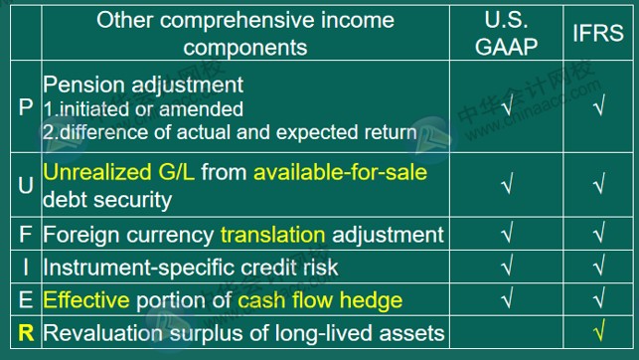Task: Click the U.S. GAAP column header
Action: pyautogui.click(x=507, y=33)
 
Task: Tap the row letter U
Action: pyautogui.click(x=25, y=185)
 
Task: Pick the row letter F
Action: pyautogui.click(x=25, y=235)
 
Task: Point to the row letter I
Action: pyautogui.click(x=25, y=267)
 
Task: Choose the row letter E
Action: pyautogui.click(x=25, y=299)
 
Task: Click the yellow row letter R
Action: pyautogui.click(x=25, y=333)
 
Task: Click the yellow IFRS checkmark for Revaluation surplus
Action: pyautogui.click(x=598, y=333)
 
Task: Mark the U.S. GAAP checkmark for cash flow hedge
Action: pyautogui.click(x=507, y=299)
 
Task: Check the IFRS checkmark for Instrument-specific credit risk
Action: pyautogui.click(x=598, y=267)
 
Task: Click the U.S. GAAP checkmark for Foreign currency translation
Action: pyautogui.click(x=507, y=235)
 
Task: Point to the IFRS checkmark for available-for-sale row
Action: pyautogui.click(x=598, y=185)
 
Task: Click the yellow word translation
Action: pyautogui.click(x=272, y=235)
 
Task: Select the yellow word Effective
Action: pyautogui.click(x=84, y=299)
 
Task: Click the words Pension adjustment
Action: pyautogui.click(x=144, y=86)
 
